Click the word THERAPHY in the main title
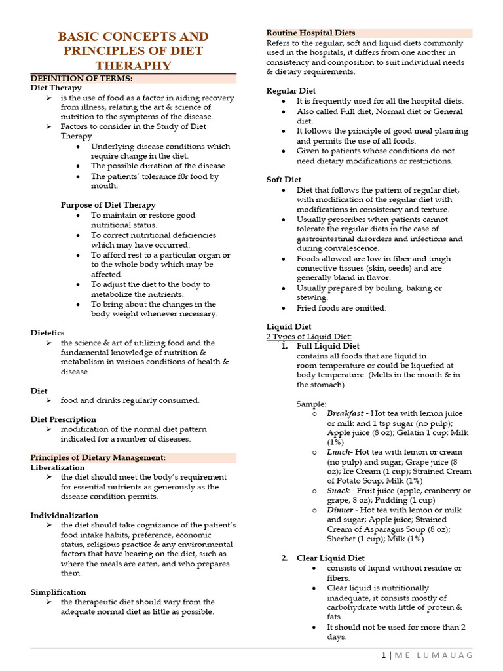(x=134, y=66)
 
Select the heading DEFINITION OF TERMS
(x=81, y=79)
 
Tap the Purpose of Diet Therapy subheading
(x=108, y=205)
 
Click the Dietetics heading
(x=48, y=333)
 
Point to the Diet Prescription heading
(x=62, y=419)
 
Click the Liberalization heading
(x=58, y=468)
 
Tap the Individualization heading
(x=64, y=516)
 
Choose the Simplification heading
(x=58, y=592)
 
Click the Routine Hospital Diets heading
(x=310, y=33)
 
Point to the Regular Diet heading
(x=291, y=91)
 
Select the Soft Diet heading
(x=284, y=180)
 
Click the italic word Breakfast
(x=345, y=413)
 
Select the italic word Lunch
(x=339, y=452)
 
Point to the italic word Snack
(x=338, y=491)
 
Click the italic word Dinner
(x=341, y=510)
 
